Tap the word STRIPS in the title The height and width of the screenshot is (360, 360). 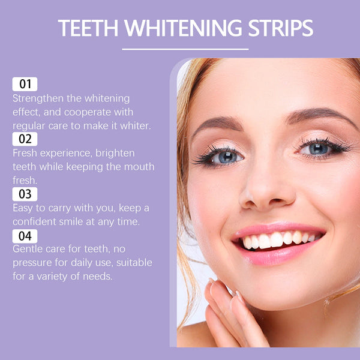[279, 28]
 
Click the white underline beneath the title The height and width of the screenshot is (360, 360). [185, 49]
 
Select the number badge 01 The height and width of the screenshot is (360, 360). [25, 84]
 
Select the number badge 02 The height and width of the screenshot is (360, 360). [25, 139]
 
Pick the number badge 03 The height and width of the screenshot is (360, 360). [25, 194]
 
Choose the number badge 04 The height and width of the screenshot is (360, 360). [25, 236]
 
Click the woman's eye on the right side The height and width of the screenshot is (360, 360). [318, 148]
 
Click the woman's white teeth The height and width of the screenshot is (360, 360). [276, 240]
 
